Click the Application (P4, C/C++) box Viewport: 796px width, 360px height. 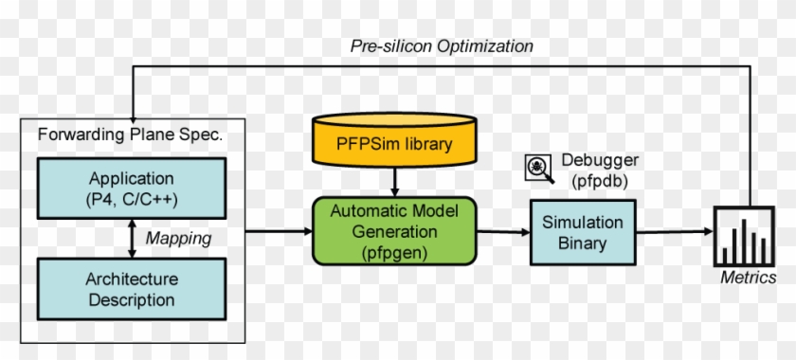(x=133, y=188)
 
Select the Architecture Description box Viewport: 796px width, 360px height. (x=133, y=290)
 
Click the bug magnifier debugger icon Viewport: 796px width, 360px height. (x=537, y=169)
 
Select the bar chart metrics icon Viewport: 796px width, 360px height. (x=743, y=238)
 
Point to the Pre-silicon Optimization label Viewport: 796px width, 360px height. (x=442, y=45)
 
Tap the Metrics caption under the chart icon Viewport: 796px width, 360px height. (x=749, y=278)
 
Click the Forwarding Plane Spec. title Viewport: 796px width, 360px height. (x=130, y=135)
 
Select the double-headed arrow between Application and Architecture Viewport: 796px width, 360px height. (x=133, y=239)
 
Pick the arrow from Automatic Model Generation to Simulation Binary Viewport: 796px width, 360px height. (x=502, y=232)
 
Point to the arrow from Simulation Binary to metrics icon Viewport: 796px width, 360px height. (x=675, y=232)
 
